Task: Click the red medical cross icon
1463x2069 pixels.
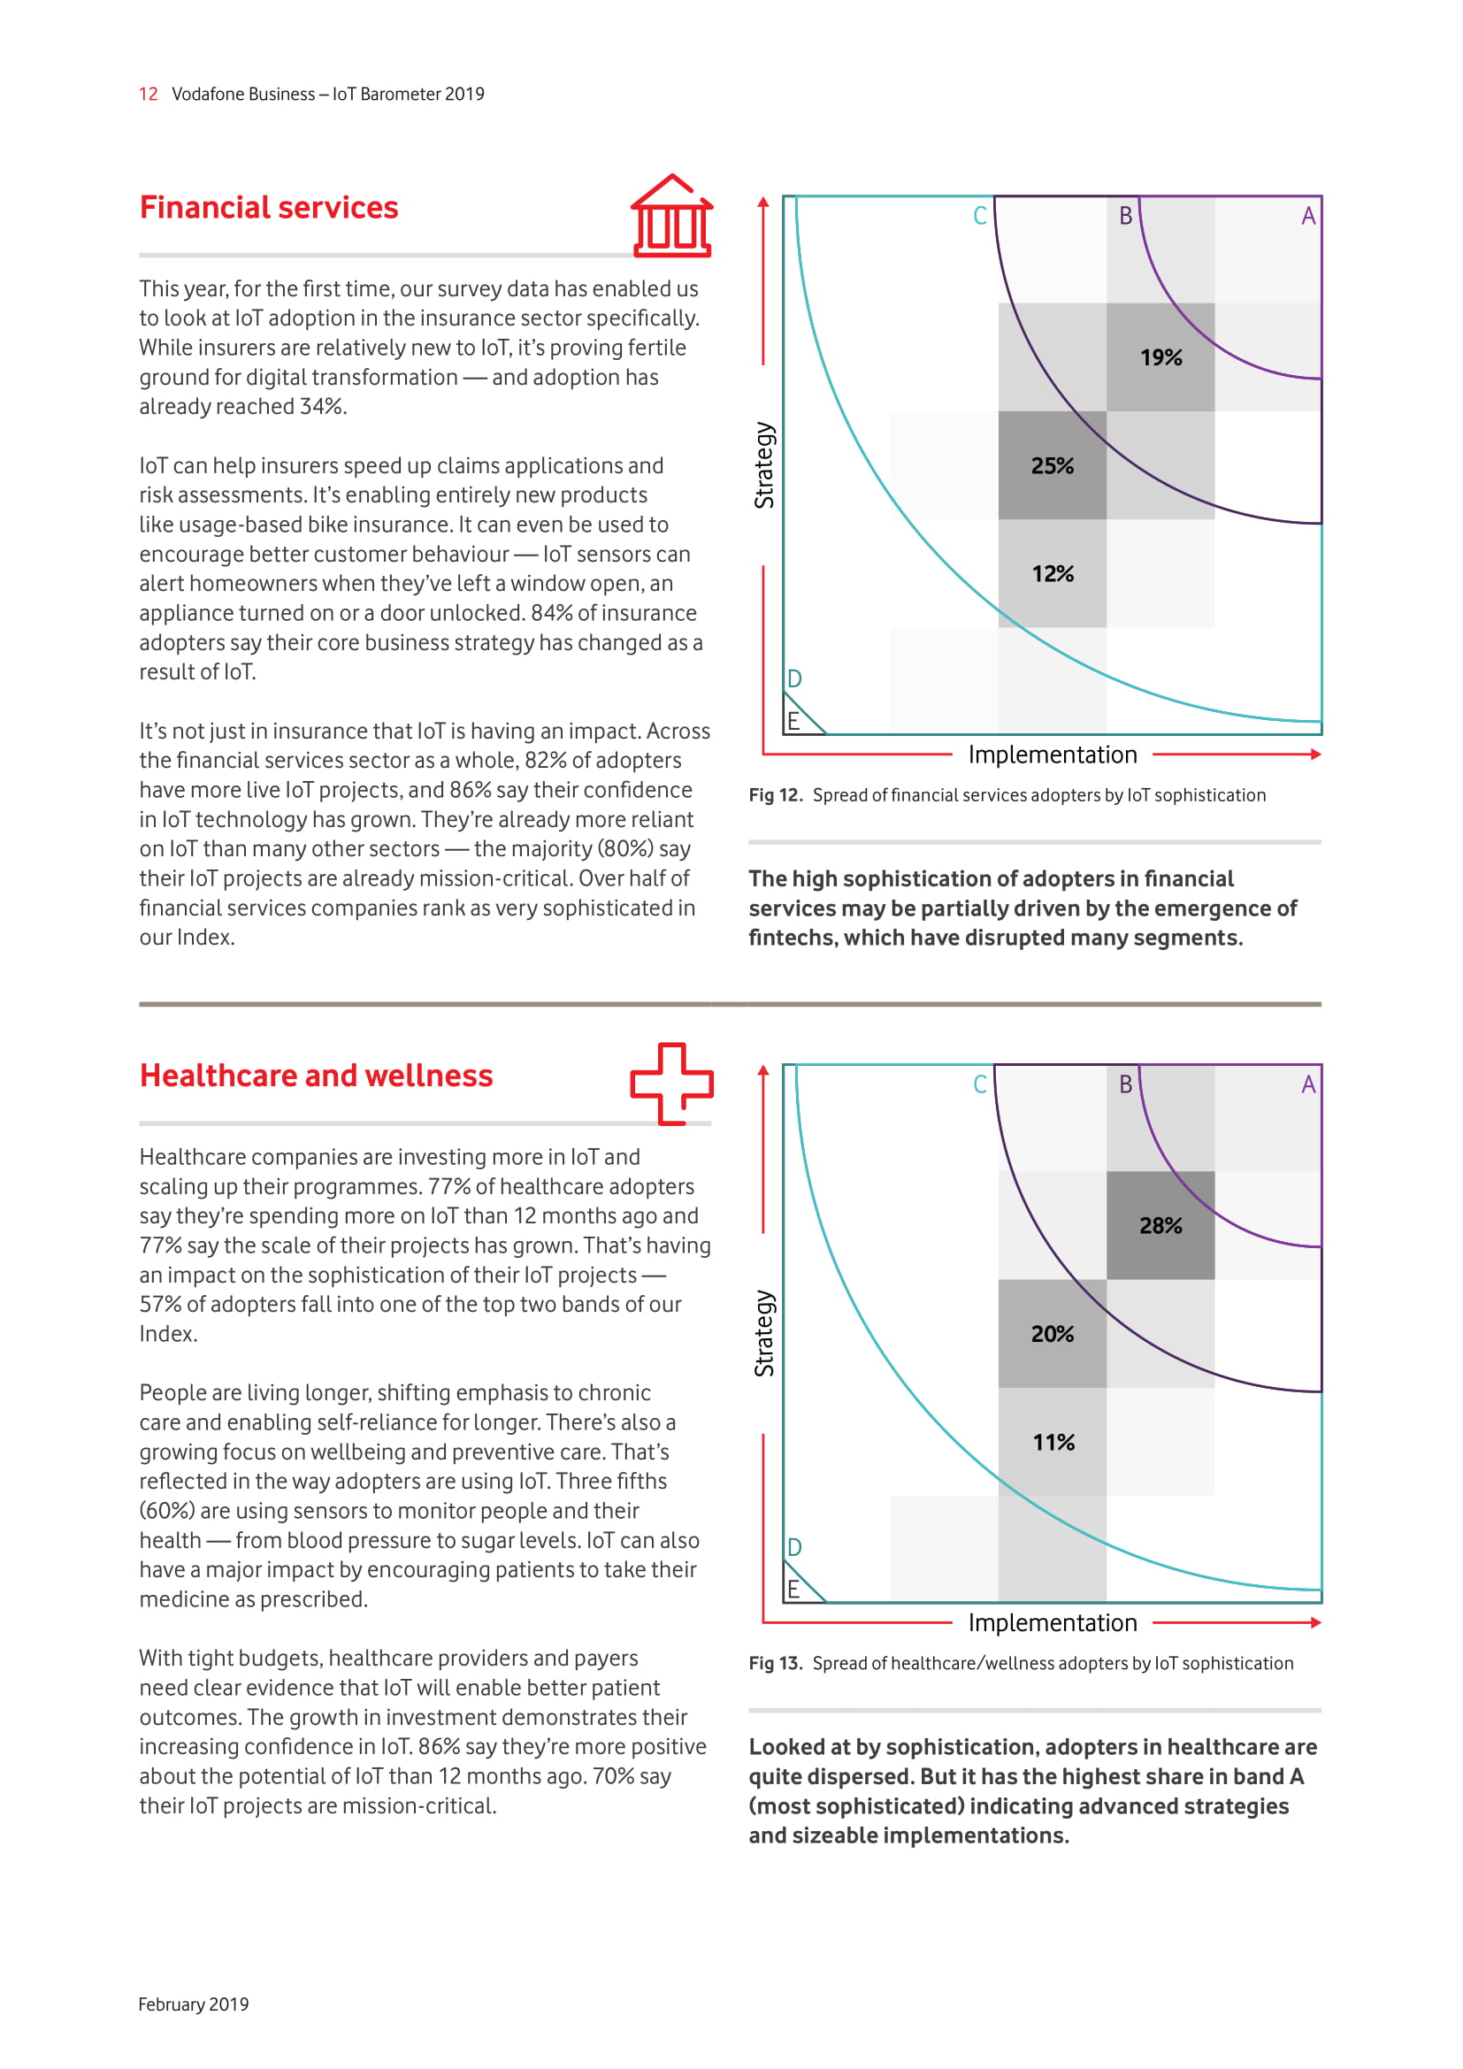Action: [671, 1084]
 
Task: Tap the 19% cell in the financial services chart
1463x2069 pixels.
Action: [1160, 357]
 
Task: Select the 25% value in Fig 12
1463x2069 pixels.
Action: [1053, 466]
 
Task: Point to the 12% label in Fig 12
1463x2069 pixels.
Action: [1053, 574]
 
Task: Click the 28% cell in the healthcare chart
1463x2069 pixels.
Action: [1160, 1225]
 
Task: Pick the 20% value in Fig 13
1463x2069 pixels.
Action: [1053, 1334]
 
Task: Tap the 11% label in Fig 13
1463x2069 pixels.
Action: [1053, 1443]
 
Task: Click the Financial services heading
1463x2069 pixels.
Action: [269, 208]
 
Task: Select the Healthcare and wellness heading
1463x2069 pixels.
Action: [316, 1076]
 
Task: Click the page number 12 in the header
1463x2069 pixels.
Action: [148, 95]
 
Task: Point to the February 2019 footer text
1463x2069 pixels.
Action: [194, 2004]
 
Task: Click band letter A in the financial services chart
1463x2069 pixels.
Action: [1308, 216]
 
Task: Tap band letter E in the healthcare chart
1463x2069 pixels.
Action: [793, 1590]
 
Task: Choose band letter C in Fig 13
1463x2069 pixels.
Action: [980, 1084]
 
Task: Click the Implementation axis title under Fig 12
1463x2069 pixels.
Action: [1053, 755]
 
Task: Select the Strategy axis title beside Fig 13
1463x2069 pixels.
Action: [764, 1334]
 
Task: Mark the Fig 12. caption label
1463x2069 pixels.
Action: [775, 796]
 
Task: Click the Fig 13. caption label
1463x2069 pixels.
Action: [775, 1664]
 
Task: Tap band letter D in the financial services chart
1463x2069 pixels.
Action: [794, 678]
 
